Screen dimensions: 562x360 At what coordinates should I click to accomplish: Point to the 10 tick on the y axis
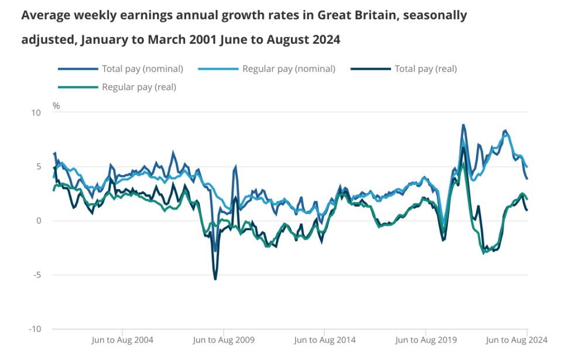coord(36,112)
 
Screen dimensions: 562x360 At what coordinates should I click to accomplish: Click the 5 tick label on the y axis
coord(39,167)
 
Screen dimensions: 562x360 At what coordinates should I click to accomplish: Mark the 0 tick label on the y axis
coord(39,221)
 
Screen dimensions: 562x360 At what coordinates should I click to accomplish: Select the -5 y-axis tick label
coord(37,275)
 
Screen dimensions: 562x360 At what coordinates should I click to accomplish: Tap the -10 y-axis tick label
coord(35,329)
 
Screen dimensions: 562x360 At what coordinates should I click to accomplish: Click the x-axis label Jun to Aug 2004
coord(122,340)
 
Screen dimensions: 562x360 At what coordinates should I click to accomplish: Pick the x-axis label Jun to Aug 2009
coord(224,340)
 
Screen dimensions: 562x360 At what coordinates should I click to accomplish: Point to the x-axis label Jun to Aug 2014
coord(325,340)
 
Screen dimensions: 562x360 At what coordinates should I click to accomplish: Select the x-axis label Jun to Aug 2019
coord(426,340)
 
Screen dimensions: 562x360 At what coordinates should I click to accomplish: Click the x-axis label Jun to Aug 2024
coord(516,340)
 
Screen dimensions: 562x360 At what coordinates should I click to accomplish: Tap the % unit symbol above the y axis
coord(56,106)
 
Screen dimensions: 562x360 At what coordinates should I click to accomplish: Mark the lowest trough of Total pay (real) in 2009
coord(215,279)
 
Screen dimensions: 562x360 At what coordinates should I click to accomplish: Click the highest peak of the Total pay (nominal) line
coord(464,125)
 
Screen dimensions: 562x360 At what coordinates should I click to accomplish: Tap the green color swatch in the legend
coord(78,87)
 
